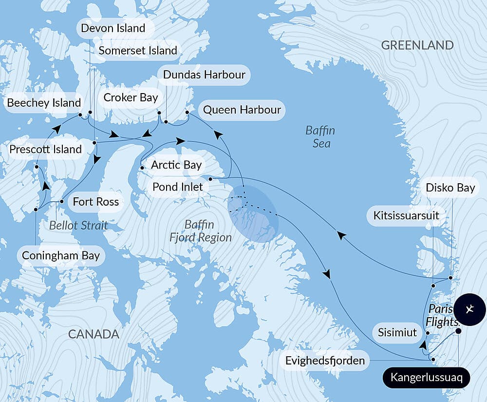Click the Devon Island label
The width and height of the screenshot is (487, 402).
(113, 28)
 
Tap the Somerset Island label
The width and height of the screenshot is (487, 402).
(138, 51)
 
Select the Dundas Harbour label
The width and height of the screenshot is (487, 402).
(204, 75)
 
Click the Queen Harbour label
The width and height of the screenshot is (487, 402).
(242, 109)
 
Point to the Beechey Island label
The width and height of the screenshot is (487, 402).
(44, 103)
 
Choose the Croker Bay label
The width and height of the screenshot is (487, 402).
(131, 97)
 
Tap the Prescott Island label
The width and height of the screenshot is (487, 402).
(45, 149)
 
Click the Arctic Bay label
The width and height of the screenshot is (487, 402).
(176, 165)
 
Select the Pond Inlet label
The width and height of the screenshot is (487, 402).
(177, 187)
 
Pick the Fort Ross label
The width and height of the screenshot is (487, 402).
(95, 201)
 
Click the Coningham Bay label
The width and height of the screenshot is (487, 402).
(60, 255)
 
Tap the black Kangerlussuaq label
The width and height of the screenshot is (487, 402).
(426, 378)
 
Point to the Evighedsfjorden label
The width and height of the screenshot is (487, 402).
(325, 361)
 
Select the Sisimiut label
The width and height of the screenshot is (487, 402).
(397, 333)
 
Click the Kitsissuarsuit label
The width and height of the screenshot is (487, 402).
(406, 215)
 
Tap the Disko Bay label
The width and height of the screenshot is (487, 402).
(450, 188)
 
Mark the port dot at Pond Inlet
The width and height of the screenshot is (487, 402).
(210, 179)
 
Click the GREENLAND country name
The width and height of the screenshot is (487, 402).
(417, 45)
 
